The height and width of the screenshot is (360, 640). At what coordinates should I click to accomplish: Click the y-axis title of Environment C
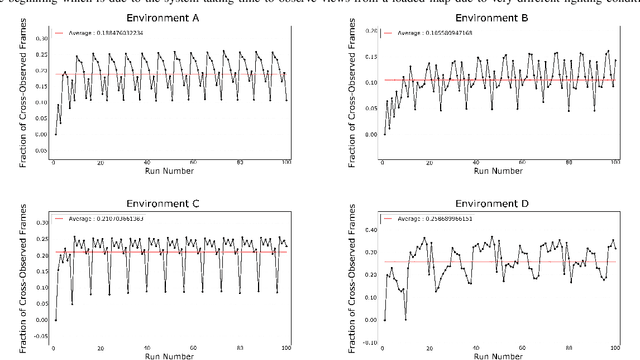(10, 272)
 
